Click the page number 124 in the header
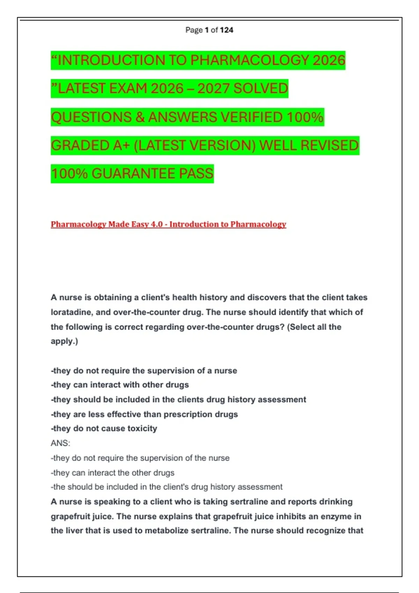pos(227,30)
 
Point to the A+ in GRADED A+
pos(122,145)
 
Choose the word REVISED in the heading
pos(329,145)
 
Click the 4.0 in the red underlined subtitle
pos(157,224)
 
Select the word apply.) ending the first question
pos(64,341)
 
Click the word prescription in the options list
pos(186,414)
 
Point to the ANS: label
pos(60,443)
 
